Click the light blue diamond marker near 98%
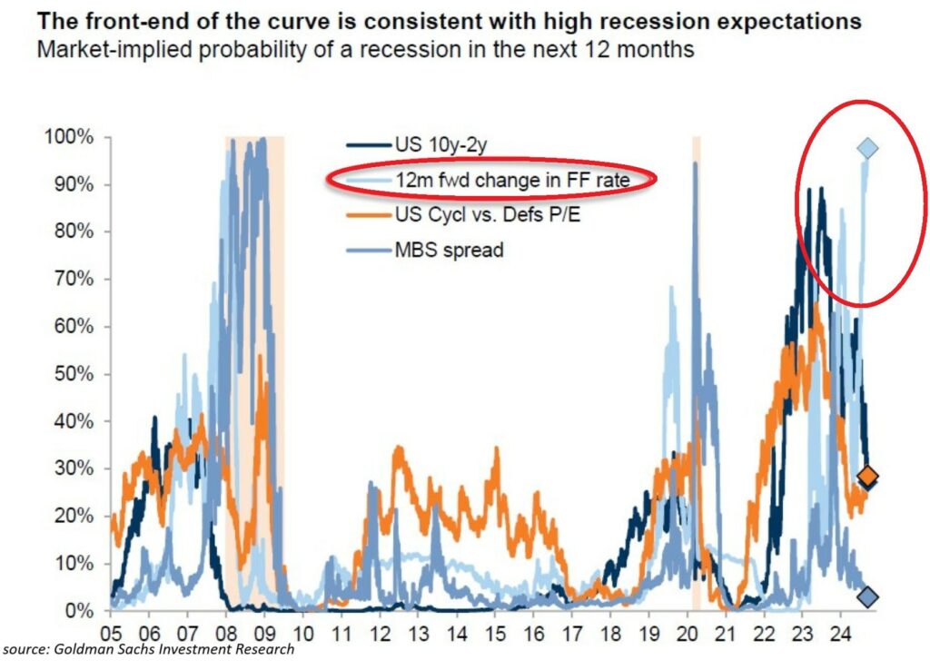[x=868, y=148]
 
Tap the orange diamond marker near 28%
[x=868, y=476]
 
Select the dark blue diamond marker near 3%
[x=868, y=596]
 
